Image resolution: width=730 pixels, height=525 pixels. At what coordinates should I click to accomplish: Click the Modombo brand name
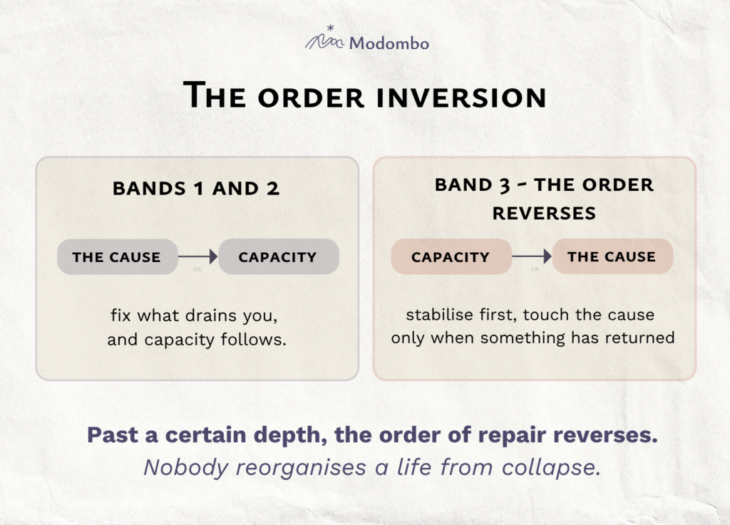coord(389,43)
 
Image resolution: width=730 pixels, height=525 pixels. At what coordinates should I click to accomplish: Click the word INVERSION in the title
coord(461,97)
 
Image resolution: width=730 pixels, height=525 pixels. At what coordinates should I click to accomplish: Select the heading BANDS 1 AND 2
coord(196,188)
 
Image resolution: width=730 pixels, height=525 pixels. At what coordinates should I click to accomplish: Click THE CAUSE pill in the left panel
coord(118,256)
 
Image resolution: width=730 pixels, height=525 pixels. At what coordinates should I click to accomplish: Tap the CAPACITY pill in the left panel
coord(279,256)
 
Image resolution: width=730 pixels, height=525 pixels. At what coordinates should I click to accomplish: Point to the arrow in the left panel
coord(198,256)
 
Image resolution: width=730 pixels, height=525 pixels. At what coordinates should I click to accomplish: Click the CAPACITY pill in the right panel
coord(451,256)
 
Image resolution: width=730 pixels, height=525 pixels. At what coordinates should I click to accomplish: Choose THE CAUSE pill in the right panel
coord(612,256)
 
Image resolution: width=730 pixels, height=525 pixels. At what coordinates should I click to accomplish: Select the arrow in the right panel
coord(532,256)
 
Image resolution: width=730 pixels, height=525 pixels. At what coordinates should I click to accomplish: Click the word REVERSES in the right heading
coord(544,214)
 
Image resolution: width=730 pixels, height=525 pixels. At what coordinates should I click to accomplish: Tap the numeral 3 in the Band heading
coord(505,185)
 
